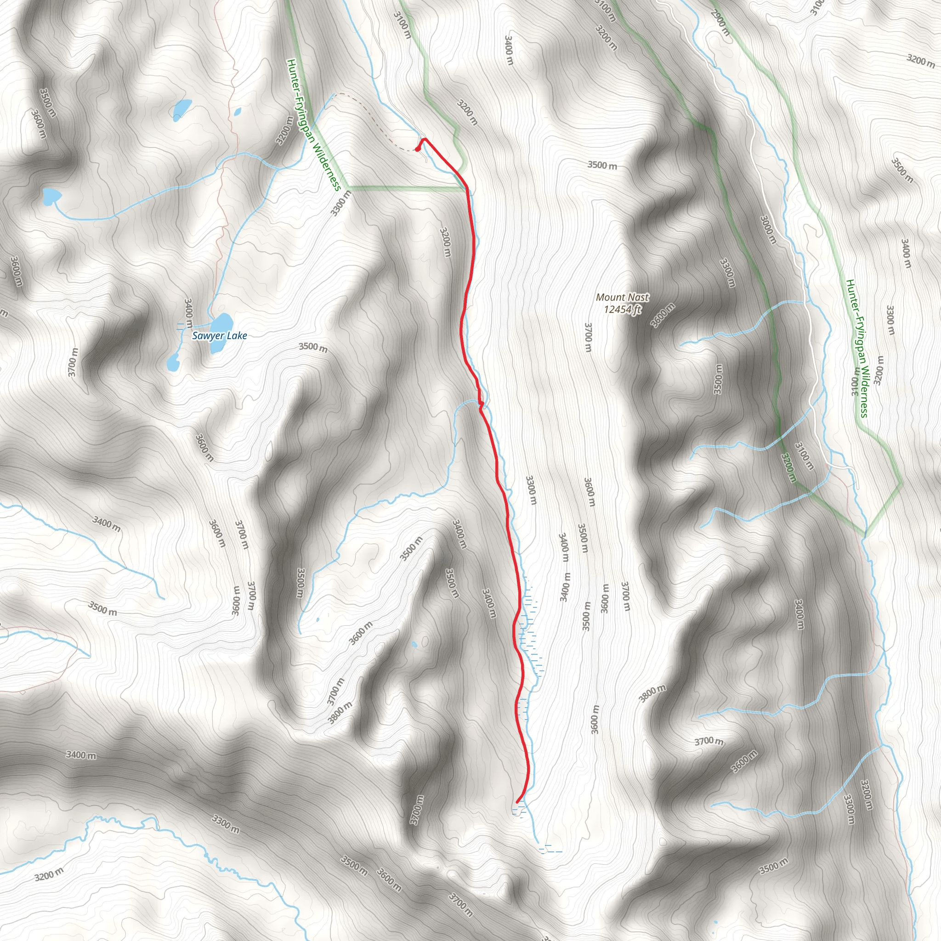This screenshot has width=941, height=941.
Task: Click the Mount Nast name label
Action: click(623, 297)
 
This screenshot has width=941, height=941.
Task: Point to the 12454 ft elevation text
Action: click(623, 309)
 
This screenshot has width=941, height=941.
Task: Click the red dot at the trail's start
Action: click(418, 148)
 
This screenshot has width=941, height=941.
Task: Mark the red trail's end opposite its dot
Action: click(517, 802)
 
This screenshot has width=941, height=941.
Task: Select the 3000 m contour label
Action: click(768, 230)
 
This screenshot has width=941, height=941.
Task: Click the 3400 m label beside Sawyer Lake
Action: click(188, 314)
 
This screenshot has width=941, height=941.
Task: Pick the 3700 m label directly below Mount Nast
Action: click(588, 338)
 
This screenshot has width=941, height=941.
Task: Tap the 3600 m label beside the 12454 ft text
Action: click(663, 315)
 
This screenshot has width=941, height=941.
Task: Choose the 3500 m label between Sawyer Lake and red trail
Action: click(313, 347)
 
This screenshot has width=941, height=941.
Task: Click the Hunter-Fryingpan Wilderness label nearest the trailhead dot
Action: click(313, 125)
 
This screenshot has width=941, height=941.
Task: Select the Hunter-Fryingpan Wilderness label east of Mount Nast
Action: click(857, 348)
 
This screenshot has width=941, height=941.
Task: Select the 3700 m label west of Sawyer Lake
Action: click(73, 363)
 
